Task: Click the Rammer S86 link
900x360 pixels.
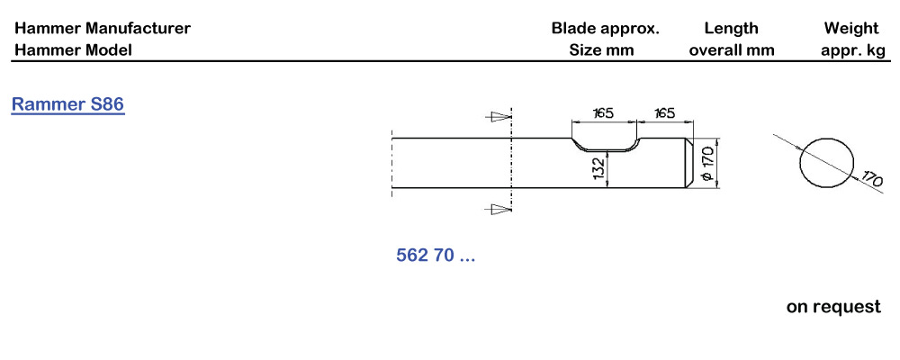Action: tap(67, 105)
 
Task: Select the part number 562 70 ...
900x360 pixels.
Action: tap(436, 256)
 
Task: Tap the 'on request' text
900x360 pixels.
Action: tap(833, 307)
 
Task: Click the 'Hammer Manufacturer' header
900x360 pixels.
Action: tap(103, 29)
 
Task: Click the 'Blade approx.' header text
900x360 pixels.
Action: tap(605, 29)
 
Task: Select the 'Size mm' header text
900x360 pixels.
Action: tap(601, 50)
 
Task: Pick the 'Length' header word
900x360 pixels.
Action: tap(731, 29)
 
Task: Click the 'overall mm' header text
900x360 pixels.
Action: tap(731, 50)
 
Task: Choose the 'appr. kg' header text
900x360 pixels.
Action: tap(852, 50)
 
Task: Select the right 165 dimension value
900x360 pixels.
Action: tap(665, 113)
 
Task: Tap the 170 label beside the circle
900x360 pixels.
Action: tap(869, 179)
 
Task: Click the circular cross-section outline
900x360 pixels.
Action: tap(826, 163)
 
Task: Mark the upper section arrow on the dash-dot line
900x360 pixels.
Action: tap(496, 116)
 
